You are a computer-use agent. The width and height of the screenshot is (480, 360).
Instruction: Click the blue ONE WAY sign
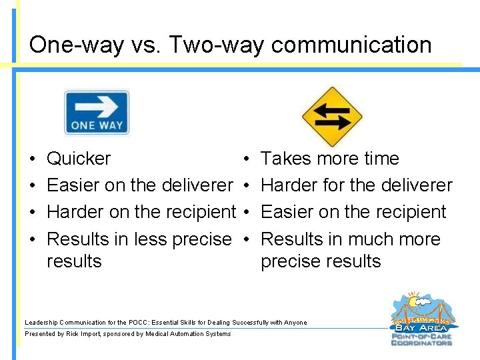coord(97,113)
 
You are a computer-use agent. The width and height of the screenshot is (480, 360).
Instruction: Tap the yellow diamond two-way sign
coord(331,117)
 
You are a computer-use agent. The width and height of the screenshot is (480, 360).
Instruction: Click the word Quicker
coord(79,159)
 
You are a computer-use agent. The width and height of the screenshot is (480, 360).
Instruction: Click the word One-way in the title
coord(77,45)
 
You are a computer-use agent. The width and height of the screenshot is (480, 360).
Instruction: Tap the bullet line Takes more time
coord(329,159)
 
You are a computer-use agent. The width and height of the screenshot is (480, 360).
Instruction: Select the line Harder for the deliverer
coord(356,185)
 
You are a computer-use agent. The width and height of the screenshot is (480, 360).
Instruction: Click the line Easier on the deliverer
coord(139,185)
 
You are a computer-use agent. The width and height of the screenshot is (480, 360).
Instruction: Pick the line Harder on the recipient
coord(141,212)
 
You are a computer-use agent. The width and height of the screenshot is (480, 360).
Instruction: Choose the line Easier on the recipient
coord(353,212)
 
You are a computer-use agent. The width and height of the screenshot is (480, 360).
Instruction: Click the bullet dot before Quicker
coord(33,159)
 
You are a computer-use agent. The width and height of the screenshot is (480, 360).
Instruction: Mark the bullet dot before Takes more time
coord(247,159)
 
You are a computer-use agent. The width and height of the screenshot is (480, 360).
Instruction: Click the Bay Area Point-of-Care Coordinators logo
coord(421,320)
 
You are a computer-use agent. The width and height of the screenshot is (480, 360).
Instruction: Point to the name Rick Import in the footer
coord(83,334)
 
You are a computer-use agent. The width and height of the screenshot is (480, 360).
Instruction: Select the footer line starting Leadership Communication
coord(165,323)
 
